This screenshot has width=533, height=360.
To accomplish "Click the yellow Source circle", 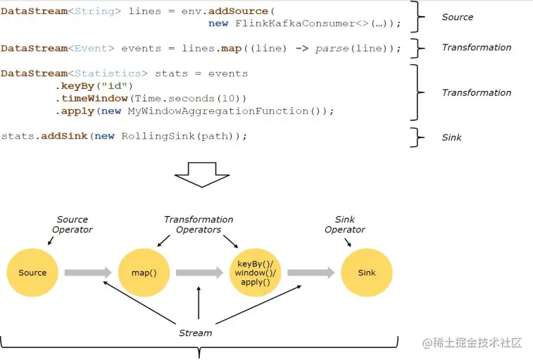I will click(32, 273).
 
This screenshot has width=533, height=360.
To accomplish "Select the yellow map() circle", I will click(144, 273).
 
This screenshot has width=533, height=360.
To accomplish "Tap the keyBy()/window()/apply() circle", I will click(255, 273).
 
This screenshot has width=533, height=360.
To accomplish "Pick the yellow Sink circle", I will click(366, 273).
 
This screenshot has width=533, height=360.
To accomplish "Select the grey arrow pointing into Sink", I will click(311, 273).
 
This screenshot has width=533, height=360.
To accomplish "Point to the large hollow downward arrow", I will click(202, 173).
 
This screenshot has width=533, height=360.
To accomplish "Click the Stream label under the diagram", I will click(195, 333).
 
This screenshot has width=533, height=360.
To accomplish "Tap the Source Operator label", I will click(73, 225).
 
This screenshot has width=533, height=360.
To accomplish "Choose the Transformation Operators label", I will click(199, 225).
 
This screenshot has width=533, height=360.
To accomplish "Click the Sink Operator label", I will click(345, 225).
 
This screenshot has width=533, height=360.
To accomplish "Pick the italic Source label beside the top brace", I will click(458, 17).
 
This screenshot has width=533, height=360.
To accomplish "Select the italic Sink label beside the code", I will click(452, 137).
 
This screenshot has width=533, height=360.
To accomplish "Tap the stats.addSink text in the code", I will click(44, 137).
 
